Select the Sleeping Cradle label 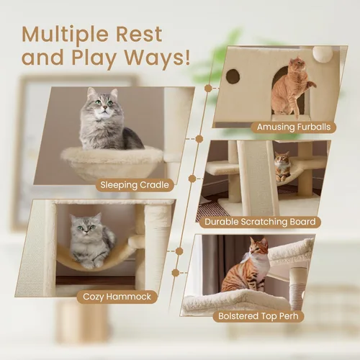coord(135,185)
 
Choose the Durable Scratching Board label coord(263,222)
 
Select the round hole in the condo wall coord(234,76)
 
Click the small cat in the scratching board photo coord(283,165)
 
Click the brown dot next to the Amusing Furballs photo coord(208,88)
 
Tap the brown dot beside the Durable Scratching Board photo coord(192,178)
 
